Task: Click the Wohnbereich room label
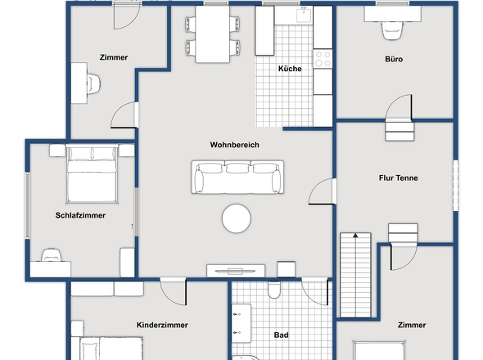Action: (x=234, y=145)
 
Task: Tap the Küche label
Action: (x=290, y=69)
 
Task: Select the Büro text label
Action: (x=394, y=59)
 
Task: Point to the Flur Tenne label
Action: (x=399, y=178)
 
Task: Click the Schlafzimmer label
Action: (x=80, y=215)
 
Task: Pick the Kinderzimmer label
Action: (x=162, y=325)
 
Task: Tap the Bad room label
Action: (x=282, y=335)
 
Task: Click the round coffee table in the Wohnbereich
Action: (x=237, y=218)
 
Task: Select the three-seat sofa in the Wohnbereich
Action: (x=237, y=177)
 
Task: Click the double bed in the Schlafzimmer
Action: (x=92, y=174)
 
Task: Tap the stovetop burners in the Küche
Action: (x=323, y=59)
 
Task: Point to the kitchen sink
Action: (x=304, y=16)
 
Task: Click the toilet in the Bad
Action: (x=274, y=290)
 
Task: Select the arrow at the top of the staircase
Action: (x=355, y=236)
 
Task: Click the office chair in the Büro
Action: (x=392, y=30)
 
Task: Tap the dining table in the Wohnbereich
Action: (x=213, y=34)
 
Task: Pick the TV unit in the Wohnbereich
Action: (x=236, y=271)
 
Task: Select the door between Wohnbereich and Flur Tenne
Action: (x=322, y=191)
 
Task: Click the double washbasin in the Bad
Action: (x=241, y=323)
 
